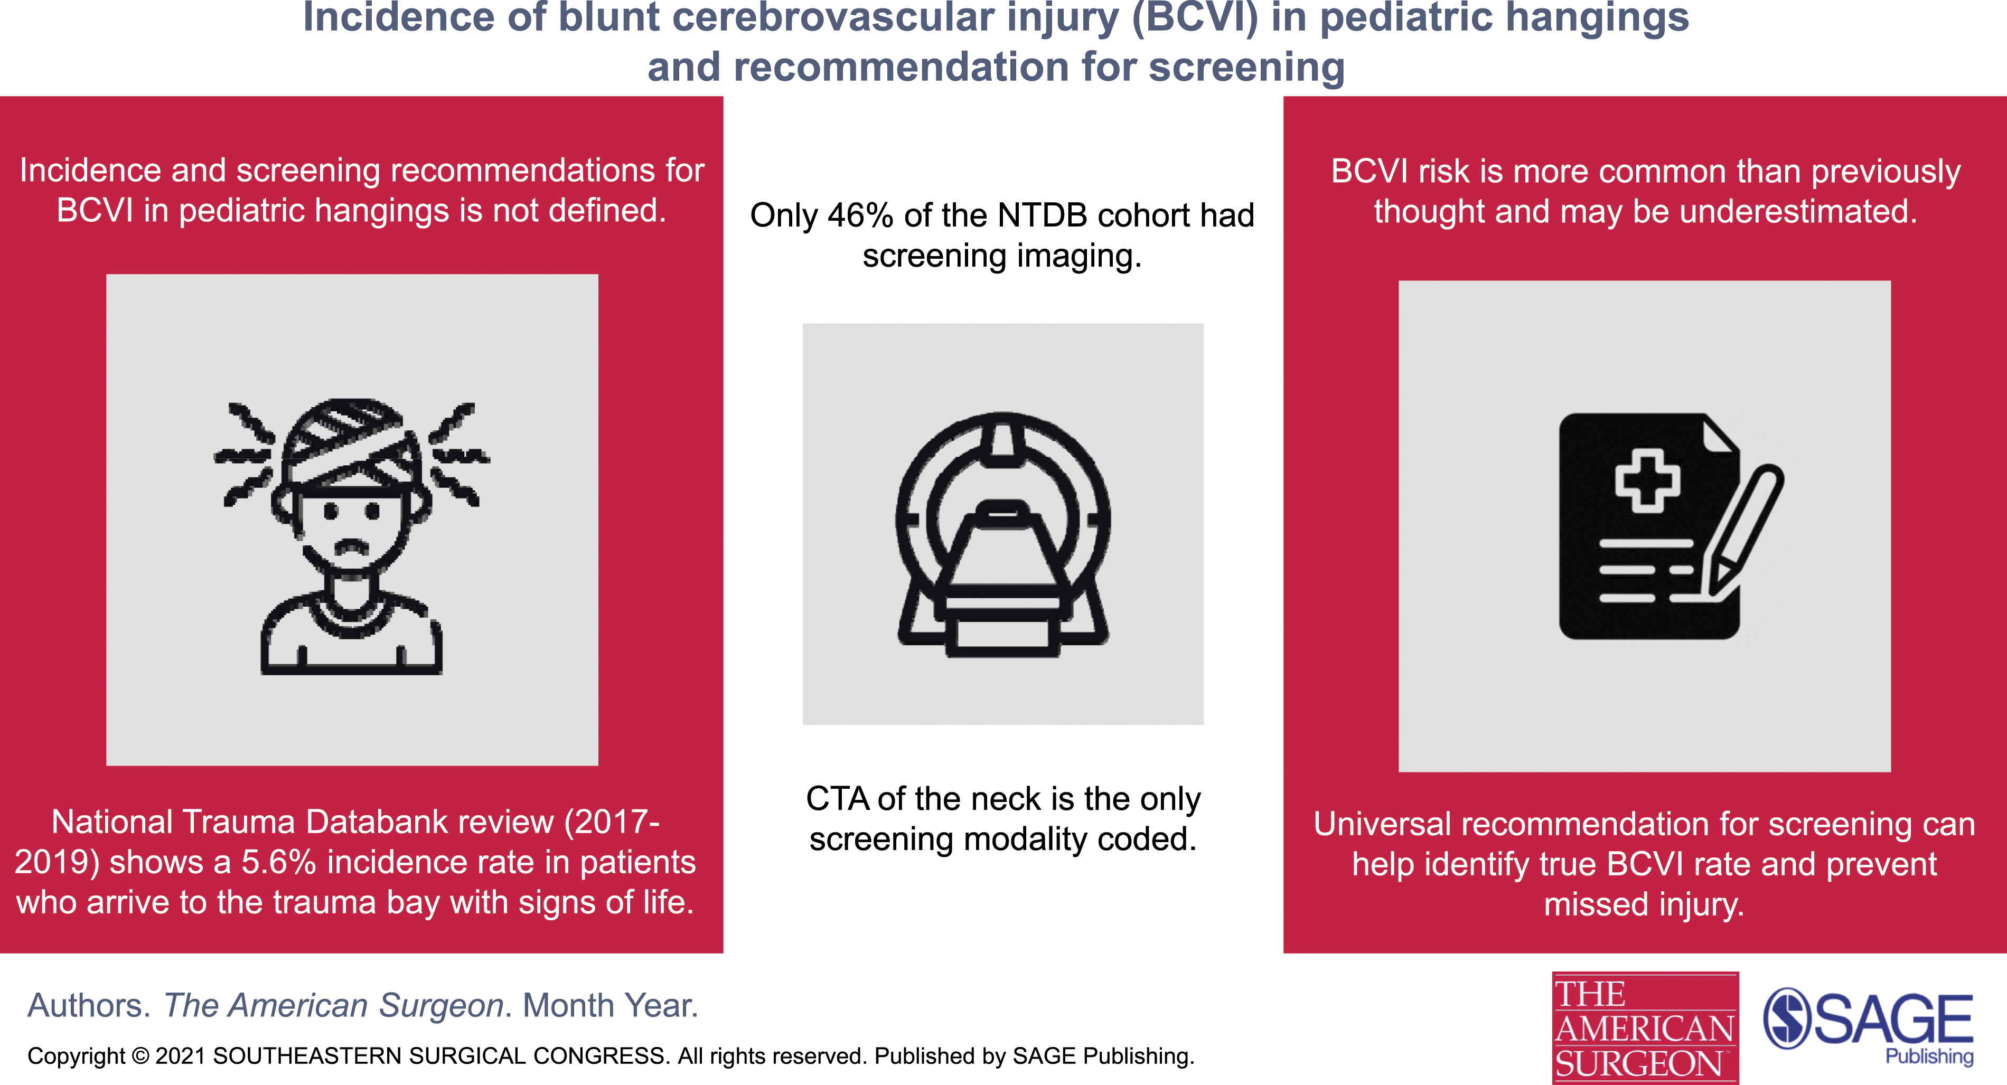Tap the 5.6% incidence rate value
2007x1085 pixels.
[278, 862]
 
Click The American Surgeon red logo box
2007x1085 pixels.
[1645, 1028]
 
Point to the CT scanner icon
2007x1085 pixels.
[1004, 534]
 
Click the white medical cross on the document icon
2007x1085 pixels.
[1647, 480]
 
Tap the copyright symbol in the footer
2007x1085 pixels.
[140, 1056]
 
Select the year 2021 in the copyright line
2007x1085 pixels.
[181, 1056]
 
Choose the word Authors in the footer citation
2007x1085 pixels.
[89, 1006]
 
